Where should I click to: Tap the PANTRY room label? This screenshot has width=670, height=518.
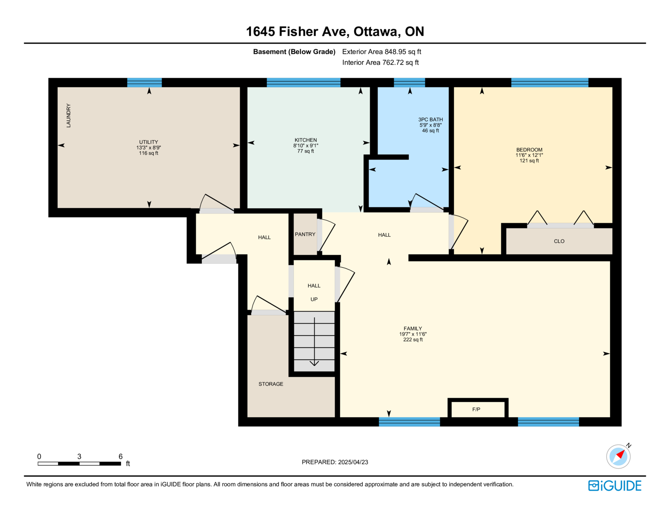pyautogui.click(x=305, y=234)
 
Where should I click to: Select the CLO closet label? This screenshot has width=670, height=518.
pyautogui.click(x=559, y=241)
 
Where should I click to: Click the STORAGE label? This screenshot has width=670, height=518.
pyautogui.click(x=271, y=384)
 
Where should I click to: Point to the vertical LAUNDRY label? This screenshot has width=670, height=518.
pyautogui.click(x=68, y=115)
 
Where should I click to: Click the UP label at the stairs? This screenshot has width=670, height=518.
pyautogui.click(x=314, y=299)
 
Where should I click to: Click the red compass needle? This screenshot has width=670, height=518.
pyautogui.click(x=621, y=454)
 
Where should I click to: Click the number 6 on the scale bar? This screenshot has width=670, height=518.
pyautogui.click(x=121, y=456)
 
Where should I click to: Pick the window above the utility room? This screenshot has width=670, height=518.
pyautogui.click(x=144, y=83)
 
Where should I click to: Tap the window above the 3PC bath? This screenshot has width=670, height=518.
pyautogui.click(x=410, y=83)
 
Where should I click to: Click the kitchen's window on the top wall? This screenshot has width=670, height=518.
pyautogui.click(x=304, y=83)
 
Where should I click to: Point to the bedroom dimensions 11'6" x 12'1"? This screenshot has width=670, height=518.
pyautogui.click(x=529, y=155)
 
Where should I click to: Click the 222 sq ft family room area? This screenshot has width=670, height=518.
pyautogui.click(x=413, y=340)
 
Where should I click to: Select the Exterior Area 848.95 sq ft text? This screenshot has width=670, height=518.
pyautogui.click(x=381, y=52)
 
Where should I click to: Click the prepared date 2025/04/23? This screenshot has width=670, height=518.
pyautogui.click(x=353, y=462)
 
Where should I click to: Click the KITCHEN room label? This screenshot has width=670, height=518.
pyautogui.click(x=306, y=140)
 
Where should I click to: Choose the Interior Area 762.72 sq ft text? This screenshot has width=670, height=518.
pyautogui.click(x=381, y=62)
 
